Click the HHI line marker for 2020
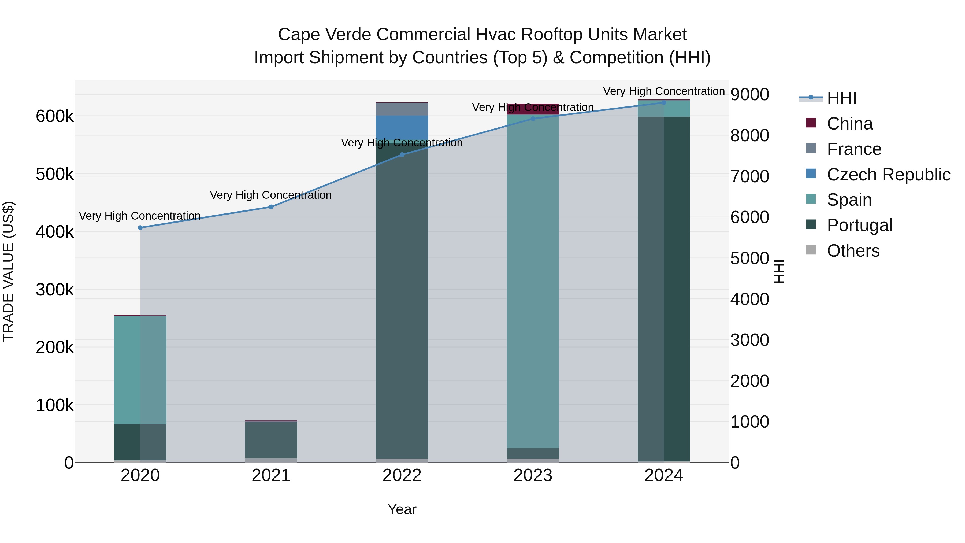click(140, 227)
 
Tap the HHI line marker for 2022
click(402, 154)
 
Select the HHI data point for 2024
click(663, 102)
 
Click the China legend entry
click(850, 124)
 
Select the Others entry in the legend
click(853, 251)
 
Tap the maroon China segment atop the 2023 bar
click(533, 109)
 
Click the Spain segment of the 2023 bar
click(533, 281)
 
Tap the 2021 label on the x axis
click(271, 475)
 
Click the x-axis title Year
click(402, 509)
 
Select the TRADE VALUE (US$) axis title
click(8, 271)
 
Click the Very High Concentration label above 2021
click(271, 195)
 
